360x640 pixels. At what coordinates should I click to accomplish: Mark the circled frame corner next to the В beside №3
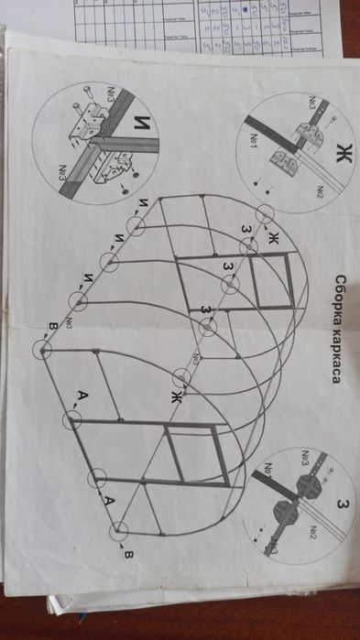(42, 348)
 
